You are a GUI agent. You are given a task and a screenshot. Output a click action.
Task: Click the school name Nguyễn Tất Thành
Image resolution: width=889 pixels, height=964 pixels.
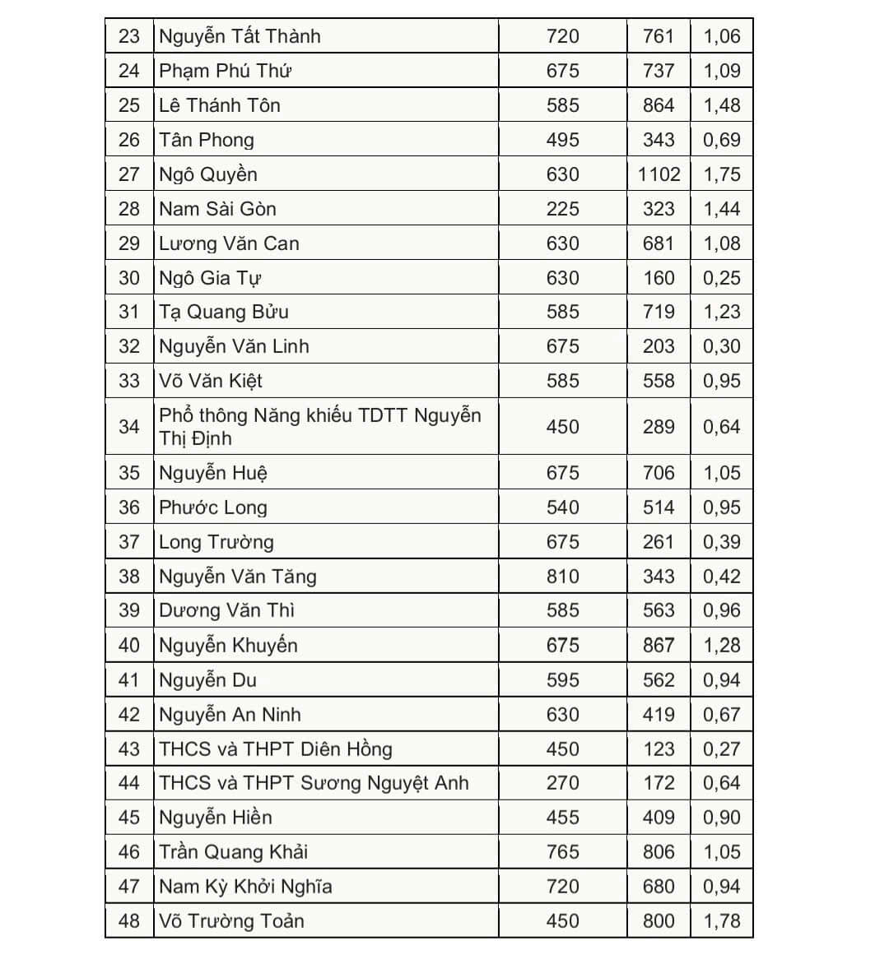click(240, 37)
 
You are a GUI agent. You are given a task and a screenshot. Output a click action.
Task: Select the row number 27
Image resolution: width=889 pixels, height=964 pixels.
click(129, 174)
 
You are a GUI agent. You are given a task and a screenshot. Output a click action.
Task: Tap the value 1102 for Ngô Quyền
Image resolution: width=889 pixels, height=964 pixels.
click(659, 174)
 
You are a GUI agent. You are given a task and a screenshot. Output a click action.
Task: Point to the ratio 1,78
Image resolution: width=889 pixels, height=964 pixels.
click(721, 920)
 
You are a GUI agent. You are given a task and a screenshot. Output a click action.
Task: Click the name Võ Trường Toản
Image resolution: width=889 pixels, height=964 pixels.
click(231, 920)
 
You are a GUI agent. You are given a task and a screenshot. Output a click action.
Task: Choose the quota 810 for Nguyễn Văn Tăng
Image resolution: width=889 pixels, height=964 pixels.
click(562, 577)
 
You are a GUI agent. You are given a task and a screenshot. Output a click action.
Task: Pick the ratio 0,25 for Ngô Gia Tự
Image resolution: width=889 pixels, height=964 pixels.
click(721, 278)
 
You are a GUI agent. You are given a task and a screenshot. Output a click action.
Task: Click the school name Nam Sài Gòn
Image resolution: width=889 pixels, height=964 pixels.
click(217, 209)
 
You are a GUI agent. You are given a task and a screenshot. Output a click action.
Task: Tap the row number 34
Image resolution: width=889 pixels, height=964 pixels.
click(129, 427)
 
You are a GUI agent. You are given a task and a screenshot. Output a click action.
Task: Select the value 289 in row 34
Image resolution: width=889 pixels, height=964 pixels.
click(659, 427)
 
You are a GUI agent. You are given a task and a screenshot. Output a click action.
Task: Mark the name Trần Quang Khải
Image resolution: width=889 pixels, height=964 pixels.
click(233, 852)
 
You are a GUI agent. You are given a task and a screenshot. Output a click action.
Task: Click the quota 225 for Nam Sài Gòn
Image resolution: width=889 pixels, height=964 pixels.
click(562, 209)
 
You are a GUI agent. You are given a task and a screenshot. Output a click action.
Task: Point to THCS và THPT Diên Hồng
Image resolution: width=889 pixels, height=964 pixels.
click(275, 749)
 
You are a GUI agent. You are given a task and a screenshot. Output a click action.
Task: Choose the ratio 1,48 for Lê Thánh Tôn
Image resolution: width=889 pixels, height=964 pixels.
click(721, 105)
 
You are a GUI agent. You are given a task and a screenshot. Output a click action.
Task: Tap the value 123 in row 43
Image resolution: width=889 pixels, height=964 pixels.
click(659, 749)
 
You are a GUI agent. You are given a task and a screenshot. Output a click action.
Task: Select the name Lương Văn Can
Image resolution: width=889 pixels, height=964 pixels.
click(229, 243)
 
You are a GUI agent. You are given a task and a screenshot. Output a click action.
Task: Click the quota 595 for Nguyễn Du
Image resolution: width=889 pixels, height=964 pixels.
click(562, 680)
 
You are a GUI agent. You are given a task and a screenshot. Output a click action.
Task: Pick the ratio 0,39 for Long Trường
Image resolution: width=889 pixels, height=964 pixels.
click(721, 542)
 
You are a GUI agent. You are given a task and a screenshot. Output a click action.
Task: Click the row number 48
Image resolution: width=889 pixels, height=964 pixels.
click(129, 920)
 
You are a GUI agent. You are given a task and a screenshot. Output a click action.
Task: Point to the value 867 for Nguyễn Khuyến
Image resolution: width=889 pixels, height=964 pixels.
click(659, 646)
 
